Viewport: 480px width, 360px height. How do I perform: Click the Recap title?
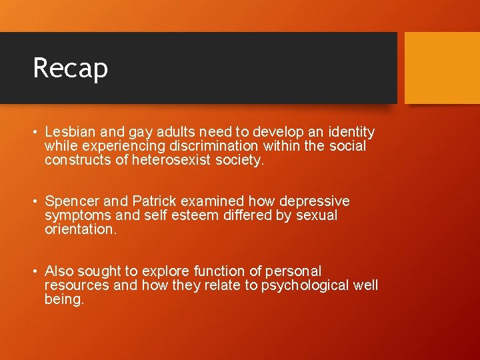(x=70, y=67)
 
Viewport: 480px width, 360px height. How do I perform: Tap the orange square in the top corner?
(x=442, y=67)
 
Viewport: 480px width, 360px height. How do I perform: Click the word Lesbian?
(x=69, y=132)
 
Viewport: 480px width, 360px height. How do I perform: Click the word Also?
(x=59, y=271)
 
